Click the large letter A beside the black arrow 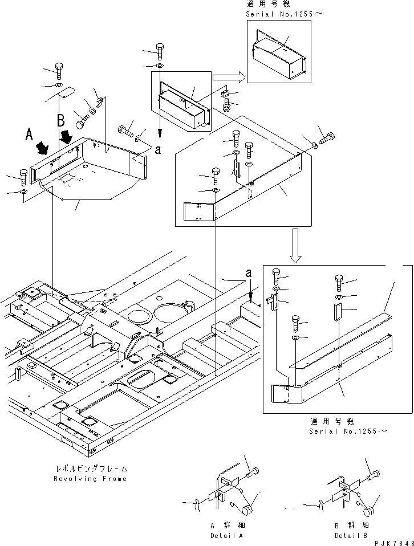pyautogui.click(x=30, y=134)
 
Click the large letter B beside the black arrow pyautogui.click(x=61, y=120)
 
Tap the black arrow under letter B pyautogui.click(x=66, y=136)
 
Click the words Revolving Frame pyautogui.click(x=90, y=479)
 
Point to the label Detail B pyautogui.click(x=351, y=536)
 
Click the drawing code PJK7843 pyautogui.click(x=394, y=543)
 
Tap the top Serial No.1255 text pyautogui.click(x=285, y=14)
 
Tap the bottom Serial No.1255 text pyautogui.click(x=348, y=431)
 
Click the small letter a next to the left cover pyautogui.click(x=158, y=150)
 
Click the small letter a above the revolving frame pyautogui.click(x=249, y=273)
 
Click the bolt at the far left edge pyautogui.click(x=23, y=178)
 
